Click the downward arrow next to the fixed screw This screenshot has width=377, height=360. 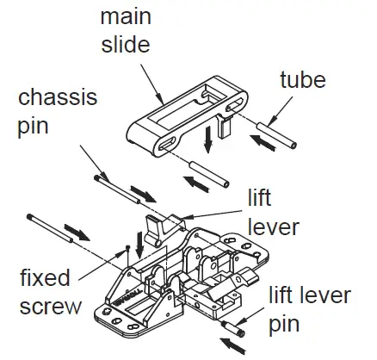point(139,239)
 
